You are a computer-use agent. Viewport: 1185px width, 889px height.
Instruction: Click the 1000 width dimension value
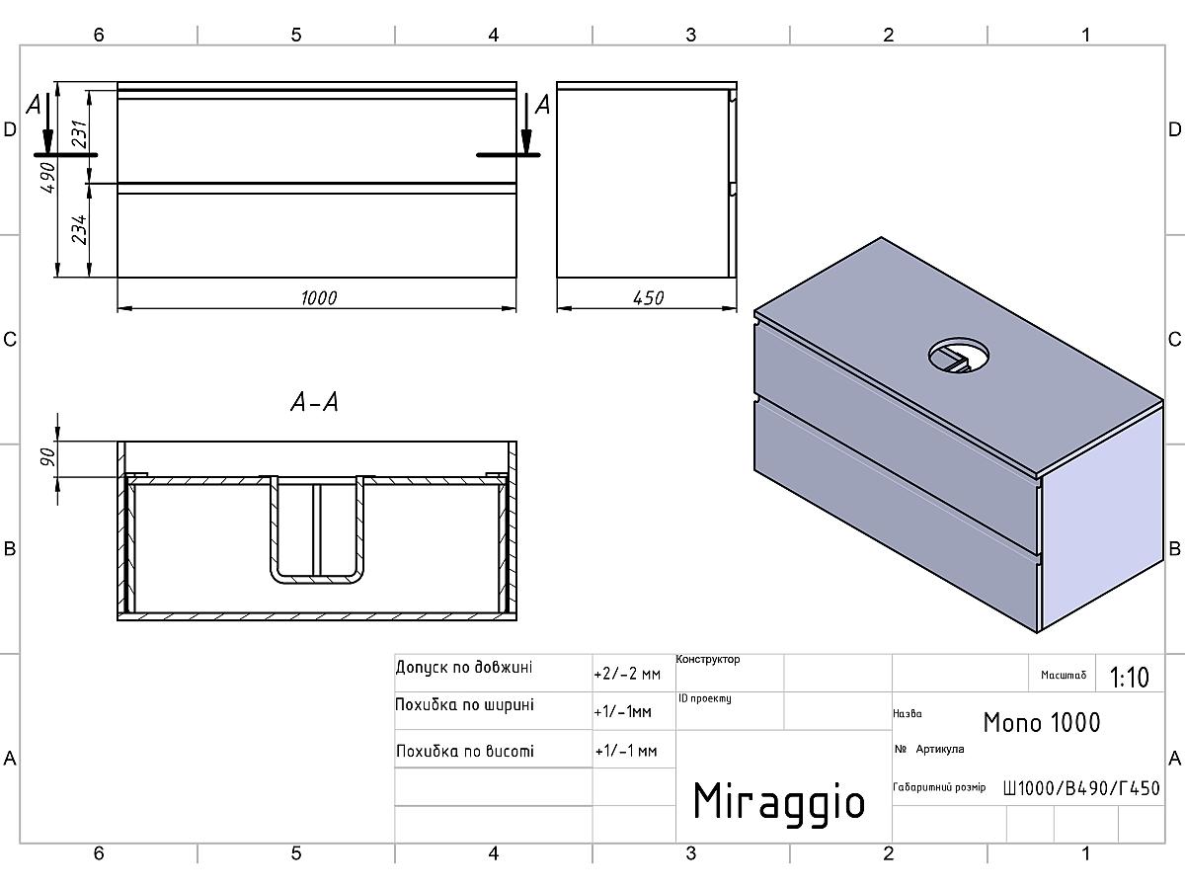pos(319,298)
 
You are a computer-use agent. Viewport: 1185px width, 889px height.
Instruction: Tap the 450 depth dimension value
pos(649,298)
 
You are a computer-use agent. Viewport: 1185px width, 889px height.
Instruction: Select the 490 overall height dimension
pos(48,177)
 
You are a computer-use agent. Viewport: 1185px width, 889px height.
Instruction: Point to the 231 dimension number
pos(79,134)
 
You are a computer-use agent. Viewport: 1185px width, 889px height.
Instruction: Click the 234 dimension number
pos(79,229)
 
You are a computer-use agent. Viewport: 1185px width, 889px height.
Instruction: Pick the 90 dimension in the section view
pos(48,456)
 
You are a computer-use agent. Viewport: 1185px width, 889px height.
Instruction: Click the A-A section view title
pos(315,402)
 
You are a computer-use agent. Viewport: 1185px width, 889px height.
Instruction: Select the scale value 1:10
pos(1129,678)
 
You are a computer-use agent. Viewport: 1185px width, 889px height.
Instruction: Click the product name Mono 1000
pos(1042,722)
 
